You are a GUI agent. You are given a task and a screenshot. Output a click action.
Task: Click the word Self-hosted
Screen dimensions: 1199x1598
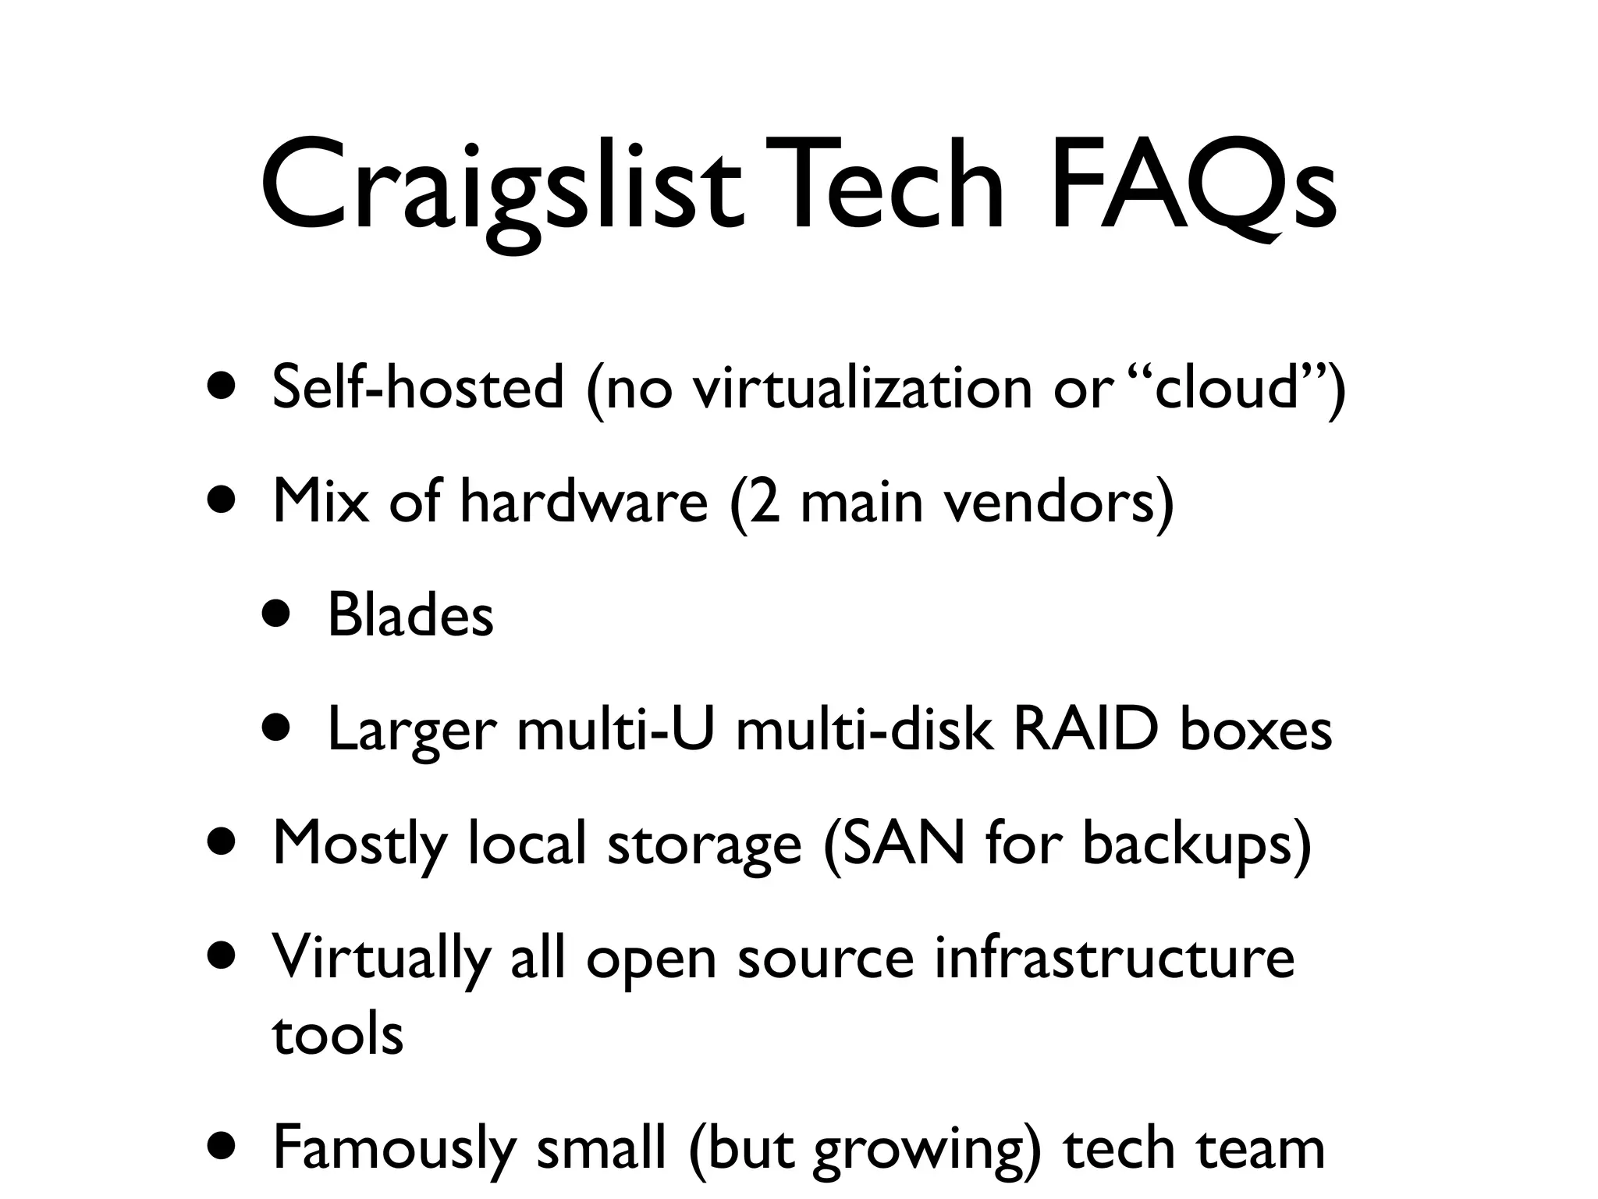point(417,387)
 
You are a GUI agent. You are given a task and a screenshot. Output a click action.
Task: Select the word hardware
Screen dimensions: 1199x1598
point(584,501)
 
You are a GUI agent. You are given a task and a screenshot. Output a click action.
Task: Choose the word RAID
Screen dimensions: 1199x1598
point(1085,731)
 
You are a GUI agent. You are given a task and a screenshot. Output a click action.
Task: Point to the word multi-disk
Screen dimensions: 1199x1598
point(865,731)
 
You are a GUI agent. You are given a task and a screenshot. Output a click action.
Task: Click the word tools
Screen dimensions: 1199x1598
point(338,1035)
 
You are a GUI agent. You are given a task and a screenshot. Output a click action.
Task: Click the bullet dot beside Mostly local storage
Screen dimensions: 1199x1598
point(223,845)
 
